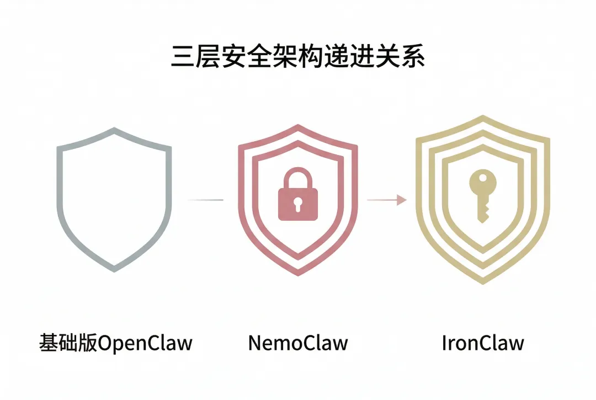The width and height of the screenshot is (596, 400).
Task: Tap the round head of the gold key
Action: [x=482, y=182]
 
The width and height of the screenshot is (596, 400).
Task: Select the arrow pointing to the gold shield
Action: [x=386, y=200]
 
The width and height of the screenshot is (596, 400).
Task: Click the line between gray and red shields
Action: [x=205, y=200]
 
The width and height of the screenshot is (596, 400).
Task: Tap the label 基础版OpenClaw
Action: [x=115, y=343]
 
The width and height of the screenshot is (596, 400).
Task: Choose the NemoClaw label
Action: [x=298, y=343]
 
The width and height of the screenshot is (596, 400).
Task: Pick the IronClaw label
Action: [x=482, y=343]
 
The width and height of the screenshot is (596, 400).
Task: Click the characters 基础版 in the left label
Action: [x=67, y=343]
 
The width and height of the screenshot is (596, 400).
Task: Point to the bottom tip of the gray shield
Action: [x=114, y=270]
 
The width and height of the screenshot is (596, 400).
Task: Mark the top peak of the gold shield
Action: [x=482, y=117]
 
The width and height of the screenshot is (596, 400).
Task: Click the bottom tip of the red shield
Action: [x=298, y=274]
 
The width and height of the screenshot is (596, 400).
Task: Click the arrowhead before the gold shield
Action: [x=402, y=200]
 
